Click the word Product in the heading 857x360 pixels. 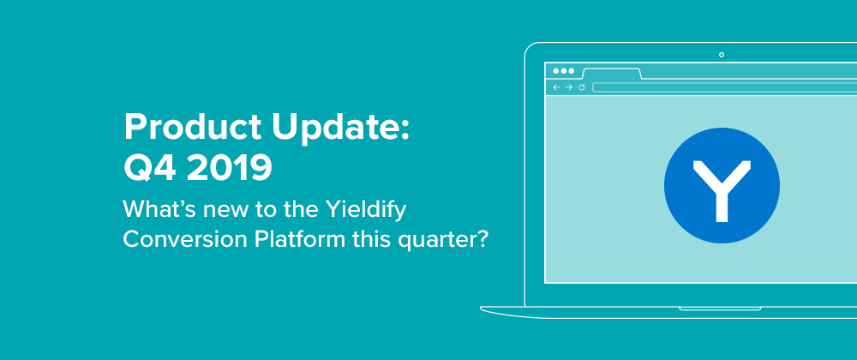click(194, 127)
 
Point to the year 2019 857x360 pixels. click(229, 168)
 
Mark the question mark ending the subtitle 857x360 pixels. click(481, 239)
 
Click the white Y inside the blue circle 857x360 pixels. click(722, 190)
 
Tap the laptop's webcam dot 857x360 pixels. click(722, 55)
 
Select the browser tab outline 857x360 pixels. click(612, 73)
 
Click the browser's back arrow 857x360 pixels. click(556, 87)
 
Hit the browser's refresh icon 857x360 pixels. click(582, 87)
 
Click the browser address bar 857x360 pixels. click(725, 87)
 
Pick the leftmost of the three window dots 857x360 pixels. click(556, 71)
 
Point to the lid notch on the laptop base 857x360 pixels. click(720, 309)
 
